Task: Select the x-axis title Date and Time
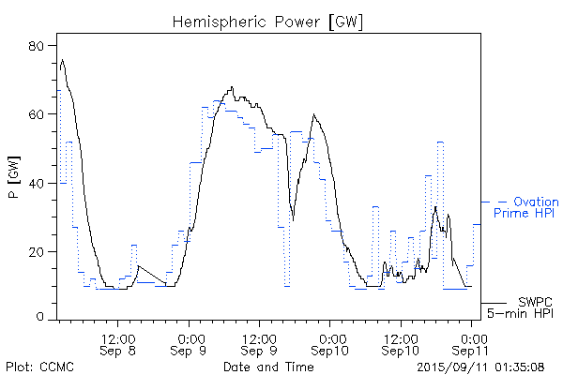click(x=266, y=366)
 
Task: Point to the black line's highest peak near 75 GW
click(x=62, y=60)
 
